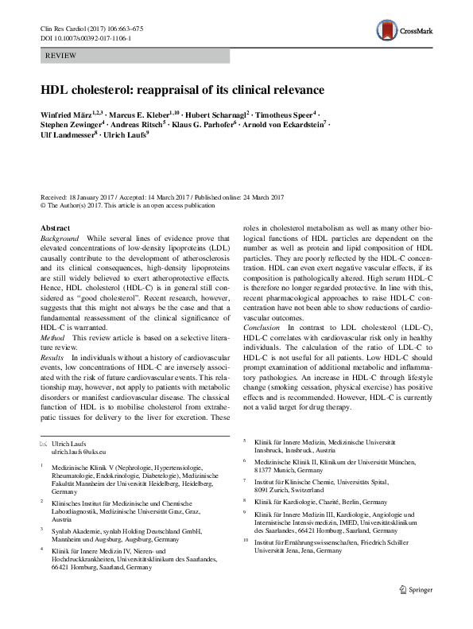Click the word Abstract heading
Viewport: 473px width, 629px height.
[x=54, y=228]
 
